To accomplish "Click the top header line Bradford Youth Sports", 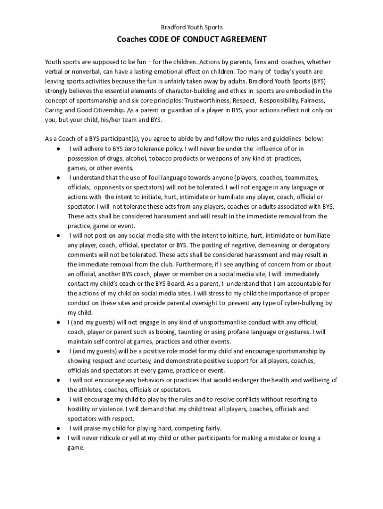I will point(191,27).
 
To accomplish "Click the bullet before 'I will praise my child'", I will point(59,428).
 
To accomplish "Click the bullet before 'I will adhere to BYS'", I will point(59,149).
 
